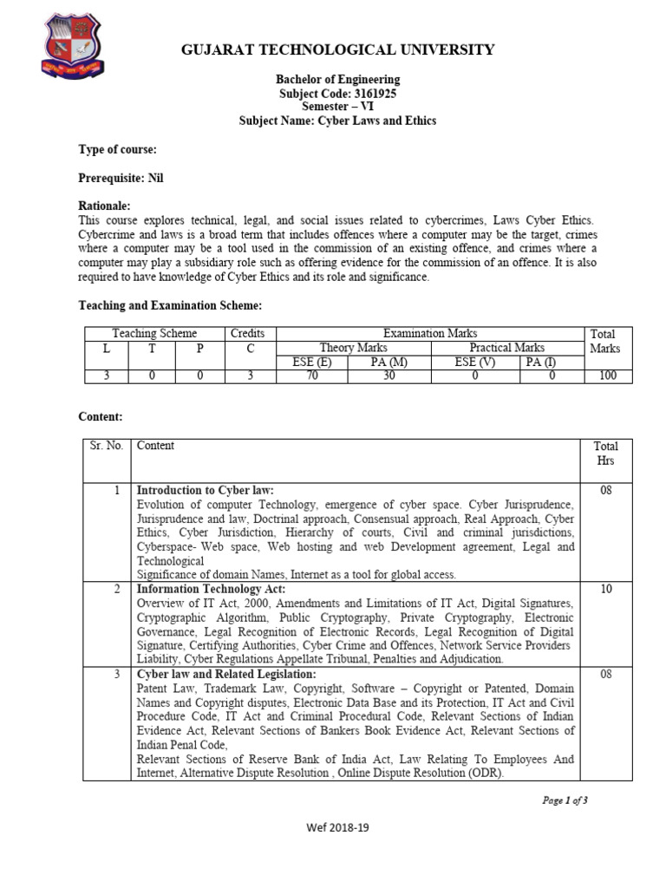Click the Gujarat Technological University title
point(337,49)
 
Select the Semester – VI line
point(337,107)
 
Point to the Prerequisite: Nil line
point(121,179)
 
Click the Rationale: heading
point(104,207)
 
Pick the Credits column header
point(247,334)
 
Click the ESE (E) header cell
point(311,362)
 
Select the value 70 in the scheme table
point(311,375)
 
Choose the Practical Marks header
point(507,348)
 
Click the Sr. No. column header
point(107,446)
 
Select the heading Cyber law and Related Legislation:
point(226,674)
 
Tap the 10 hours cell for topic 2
point(605,589)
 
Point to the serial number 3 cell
point(115,675)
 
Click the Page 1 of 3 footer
point(565,800)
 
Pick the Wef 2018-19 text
point(338,827)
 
